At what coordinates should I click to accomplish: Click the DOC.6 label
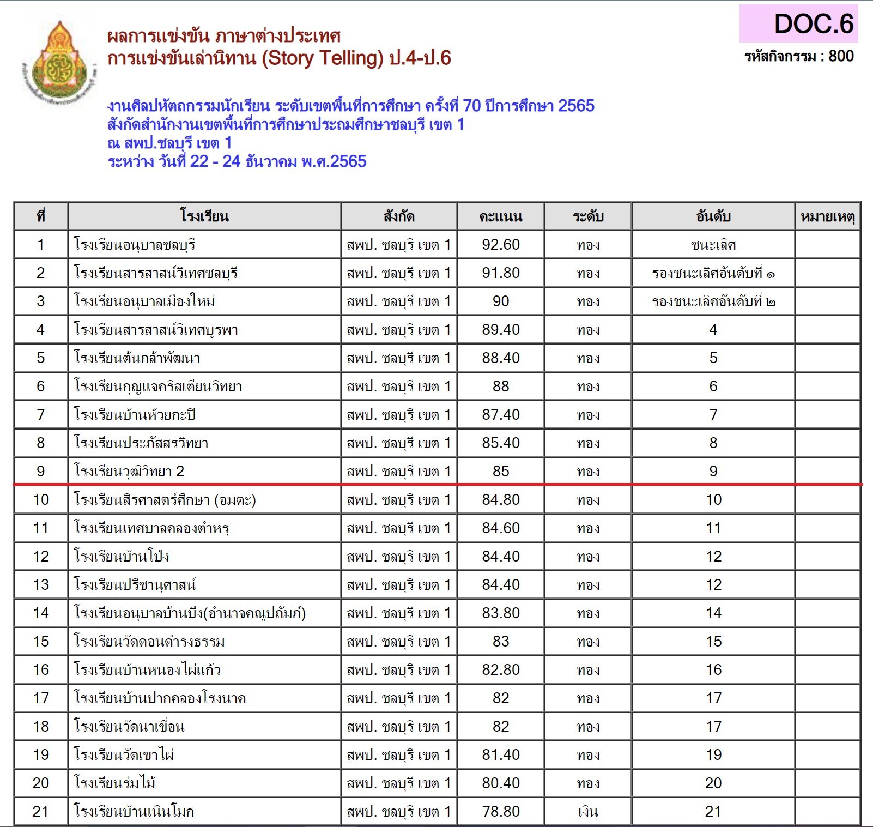[x=813, y=24]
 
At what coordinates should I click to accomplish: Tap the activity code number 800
[x=841, y=56]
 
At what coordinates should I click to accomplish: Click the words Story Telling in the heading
[x=323, y=58]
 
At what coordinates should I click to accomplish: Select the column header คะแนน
[x=500, y=216]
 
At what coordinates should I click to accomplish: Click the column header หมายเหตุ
[x=827, y=216]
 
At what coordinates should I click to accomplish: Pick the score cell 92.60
[x=500, y=245]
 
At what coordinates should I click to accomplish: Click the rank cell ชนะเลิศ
[x=713, y=245]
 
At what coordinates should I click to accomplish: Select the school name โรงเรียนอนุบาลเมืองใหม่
[x=144, y=301]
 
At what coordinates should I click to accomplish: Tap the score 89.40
[x=500, y=330]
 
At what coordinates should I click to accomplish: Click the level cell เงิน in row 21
[x=587, y=812]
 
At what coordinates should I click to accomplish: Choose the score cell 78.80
[x=500, y=812]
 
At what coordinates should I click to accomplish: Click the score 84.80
[x=500, y=500]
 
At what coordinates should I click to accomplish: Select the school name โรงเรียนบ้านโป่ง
[x=122, y=557]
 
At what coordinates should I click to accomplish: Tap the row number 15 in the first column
[x=41, y=642]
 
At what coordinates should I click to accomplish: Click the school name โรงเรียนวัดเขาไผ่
[x=124, y=755]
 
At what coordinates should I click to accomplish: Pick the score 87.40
[x=500, y=415]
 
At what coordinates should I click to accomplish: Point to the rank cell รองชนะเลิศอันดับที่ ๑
[x=713, y=273]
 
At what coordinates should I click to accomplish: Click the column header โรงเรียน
[x=204, y=216]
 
